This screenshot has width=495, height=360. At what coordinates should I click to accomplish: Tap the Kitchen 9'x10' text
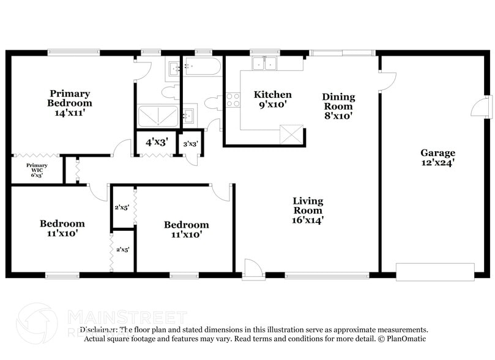[x=272, y=99]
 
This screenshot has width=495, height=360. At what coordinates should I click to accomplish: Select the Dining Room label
[x=338, y=105]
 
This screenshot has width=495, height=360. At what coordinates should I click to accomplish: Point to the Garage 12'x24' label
[x=437, y=157]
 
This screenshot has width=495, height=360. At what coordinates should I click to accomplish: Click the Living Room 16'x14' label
[x=308, y=210]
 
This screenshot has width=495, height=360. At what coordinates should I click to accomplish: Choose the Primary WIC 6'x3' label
[x=37, y=170]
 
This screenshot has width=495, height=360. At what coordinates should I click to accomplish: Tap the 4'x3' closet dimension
[x=157, y=142]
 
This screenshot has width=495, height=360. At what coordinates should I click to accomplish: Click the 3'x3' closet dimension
[x=190, y=144]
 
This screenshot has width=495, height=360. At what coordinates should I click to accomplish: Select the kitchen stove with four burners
[x=233, y=100]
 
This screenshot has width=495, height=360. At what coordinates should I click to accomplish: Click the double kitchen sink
[x=265, y=64]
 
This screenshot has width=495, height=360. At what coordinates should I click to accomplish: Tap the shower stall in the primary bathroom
[x=158, y=116]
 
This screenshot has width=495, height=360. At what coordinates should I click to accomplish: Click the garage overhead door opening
[x=435, y=272]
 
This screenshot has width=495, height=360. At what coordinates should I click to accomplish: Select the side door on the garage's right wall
[x=482, y=107]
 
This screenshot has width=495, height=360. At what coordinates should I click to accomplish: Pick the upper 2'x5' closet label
[x=122, y=207]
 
